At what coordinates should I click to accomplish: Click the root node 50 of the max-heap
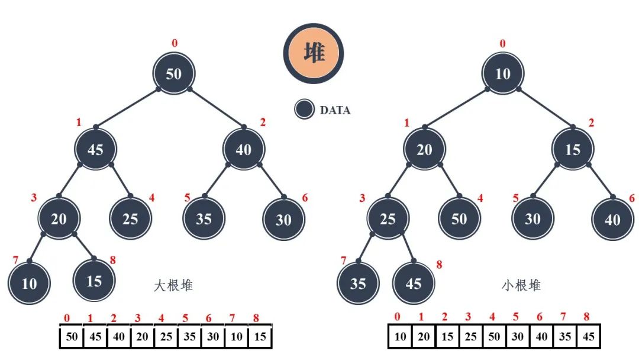point(174,74)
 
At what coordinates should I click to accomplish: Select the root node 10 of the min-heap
point(503,74)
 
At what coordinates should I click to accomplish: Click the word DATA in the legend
point(335,110)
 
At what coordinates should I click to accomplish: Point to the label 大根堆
point(173,285)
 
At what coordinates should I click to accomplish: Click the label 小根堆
point(521,285)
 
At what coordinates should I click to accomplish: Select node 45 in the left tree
point(95,149)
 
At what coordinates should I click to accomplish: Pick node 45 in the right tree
point(413,283)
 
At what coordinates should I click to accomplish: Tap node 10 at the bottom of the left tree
point(30,283)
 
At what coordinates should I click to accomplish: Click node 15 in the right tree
point(573,149)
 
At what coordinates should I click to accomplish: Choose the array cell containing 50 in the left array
point(72,337)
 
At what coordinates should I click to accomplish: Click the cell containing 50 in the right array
point(494,337)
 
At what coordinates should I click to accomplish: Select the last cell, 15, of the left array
point(260,337)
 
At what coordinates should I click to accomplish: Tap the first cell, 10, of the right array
point(401,337)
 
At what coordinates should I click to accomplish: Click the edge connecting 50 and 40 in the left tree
point(217,108)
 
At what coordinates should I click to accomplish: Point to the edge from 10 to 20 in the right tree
point(456,108)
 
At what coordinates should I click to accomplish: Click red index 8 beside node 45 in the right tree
point(439,265)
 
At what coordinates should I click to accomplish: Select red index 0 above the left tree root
point(174,43)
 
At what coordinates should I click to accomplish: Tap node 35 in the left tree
point(204,218)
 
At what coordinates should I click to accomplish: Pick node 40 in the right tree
point(612,220)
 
